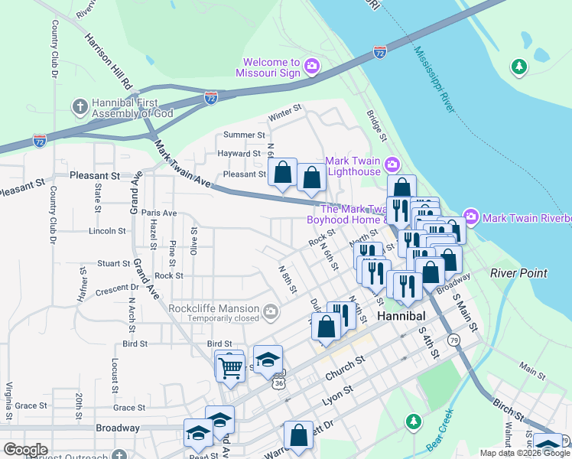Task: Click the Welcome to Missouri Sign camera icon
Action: (x=311, y=67)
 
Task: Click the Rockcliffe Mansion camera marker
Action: (x=270, y=311)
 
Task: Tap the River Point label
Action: (x=518, y=273)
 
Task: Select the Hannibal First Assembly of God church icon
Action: (x=79, y=105)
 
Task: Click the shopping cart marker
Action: (x=229, y=367)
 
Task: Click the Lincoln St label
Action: (x=107, y=230)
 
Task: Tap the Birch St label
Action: (x=509, y=418)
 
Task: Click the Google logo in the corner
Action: (x=25, y=451)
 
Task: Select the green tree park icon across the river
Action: (x=519, y=67)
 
